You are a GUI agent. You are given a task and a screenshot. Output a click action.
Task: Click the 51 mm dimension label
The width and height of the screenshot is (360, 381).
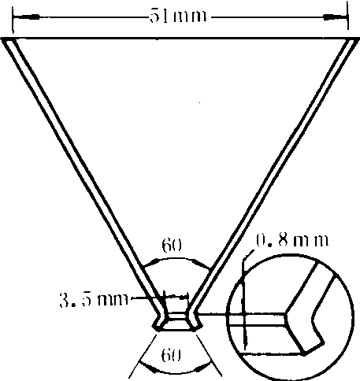tap(178, 17)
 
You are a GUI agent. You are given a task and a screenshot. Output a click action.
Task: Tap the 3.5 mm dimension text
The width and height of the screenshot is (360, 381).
tap(94, 300)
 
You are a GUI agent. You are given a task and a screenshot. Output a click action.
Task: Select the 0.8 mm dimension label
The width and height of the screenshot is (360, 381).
tap(292, 240)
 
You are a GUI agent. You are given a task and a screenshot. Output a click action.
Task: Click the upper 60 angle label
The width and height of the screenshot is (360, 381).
tap(172, 245)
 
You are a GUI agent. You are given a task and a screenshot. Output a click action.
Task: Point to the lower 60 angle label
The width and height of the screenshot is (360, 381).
tap(171, 356)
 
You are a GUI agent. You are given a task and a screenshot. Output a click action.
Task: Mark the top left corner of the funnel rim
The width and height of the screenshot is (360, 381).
tap(2, 39)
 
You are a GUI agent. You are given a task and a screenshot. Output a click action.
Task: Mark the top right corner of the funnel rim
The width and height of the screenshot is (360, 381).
tap(358, 39)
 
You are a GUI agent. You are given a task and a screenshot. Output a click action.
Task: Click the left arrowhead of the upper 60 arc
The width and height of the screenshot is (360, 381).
tap(152, 263)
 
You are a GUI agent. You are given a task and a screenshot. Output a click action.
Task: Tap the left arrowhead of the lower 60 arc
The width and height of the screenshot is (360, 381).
tap(147, 367)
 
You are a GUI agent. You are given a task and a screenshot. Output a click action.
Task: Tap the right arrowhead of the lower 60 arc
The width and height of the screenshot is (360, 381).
tap(202, 367)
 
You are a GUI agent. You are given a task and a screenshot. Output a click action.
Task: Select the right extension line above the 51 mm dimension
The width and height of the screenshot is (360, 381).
tap(348, 17)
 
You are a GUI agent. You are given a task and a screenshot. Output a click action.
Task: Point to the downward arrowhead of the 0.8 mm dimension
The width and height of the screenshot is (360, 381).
tap(246, 341)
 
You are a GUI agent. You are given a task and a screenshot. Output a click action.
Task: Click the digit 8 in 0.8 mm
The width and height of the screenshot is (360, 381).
tap(284, 239)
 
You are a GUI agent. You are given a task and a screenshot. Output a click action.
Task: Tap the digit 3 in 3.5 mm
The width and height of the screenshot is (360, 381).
tap(65, 300)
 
